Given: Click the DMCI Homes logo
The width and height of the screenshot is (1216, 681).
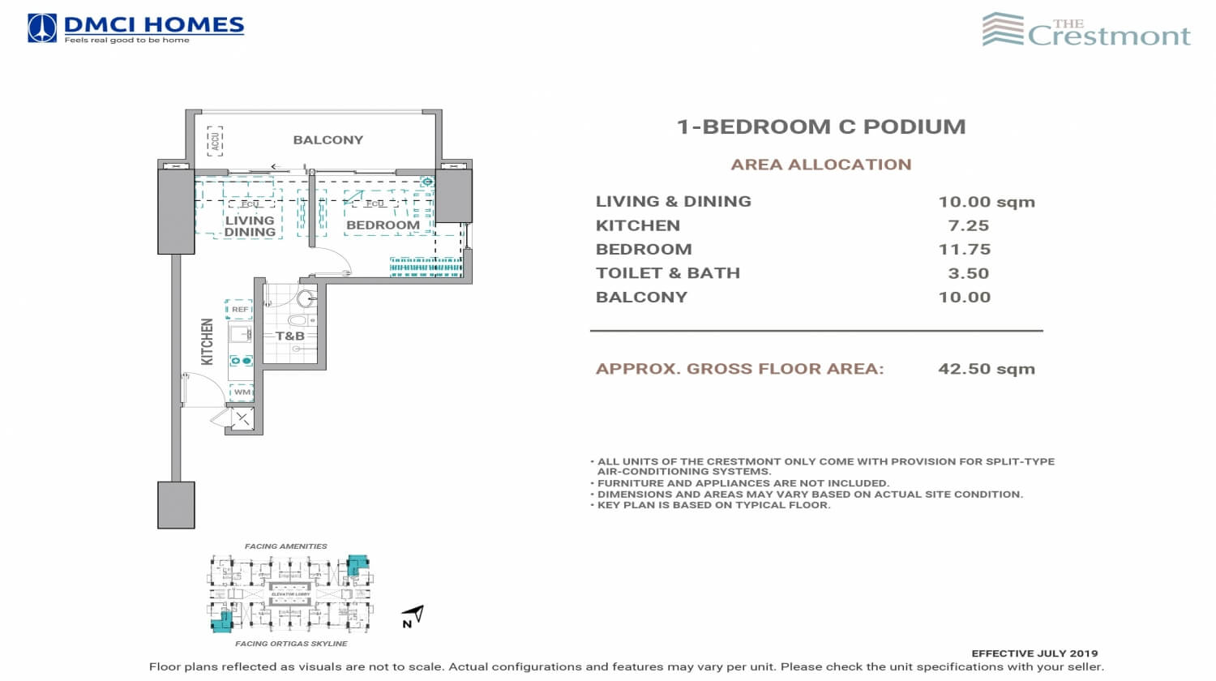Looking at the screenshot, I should tap(135, 28).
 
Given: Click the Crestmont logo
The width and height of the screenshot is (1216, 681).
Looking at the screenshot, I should tap(1086, 31).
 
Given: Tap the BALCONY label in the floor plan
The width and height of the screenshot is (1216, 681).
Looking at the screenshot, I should tap(328, 140).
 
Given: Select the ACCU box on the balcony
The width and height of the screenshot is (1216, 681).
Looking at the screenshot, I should tap(215, 140).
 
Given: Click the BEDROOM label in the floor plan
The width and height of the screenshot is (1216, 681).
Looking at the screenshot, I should tap(383, 225).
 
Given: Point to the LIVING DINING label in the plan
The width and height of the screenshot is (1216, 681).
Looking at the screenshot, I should tap(250, 226).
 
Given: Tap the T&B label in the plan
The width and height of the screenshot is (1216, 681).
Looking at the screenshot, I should tap(289, 336).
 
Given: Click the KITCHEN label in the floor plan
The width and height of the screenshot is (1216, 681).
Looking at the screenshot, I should tap(207, 341).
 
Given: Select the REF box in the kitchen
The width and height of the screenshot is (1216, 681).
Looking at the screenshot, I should tap(240, 310).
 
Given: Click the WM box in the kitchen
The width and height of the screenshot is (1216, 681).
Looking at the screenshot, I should tap(242, 392).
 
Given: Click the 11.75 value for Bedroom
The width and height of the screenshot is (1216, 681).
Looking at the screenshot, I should tap(965, 249).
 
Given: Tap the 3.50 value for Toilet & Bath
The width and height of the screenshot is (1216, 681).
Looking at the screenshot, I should tap(968, 273).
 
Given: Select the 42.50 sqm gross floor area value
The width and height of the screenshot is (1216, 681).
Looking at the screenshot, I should tap(986, 369).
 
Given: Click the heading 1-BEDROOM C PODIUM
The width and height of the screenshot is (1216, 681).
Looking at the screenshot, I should tap(821, 126).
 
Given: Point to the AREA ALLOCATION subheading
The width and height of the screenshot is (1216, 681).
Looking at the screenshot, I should tap(821, 165).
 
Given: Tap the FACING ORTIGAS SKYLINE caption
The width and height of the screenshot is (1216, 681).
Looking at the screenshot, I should tap(291, 644).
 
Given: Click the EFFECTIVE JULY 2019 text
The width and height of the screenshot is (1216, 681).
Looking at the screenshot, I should tap(1034, 653).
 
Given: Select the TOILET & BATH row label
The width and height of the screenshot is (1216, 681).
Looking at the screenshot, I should tap(668, 273).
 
